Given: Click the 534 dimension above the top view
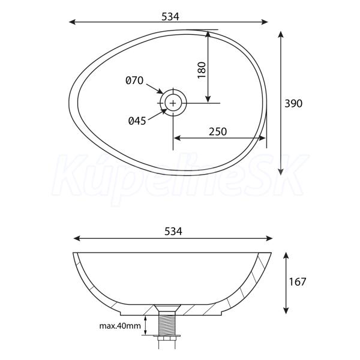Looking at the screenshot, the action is point(170,17).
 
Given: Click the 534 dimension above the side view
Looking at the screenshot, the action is point(173,232).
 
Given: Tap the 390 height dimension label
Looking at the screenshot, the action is point(293,104).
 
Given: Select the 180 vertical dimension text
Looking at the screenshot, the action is point(202,70).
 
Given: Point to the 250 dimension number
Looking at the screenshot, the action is point(218,131).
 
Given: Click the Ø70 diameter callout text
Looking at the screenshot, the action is point(134,80).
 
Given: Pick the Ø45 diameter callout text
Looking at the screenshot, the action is point(137,121).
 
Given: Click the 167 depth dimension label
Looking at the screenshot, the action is point(298,282).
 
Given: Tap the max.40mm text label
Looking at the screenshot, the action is point(120,326).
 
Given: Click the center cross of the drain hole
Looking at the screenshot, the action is point(173,103).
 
